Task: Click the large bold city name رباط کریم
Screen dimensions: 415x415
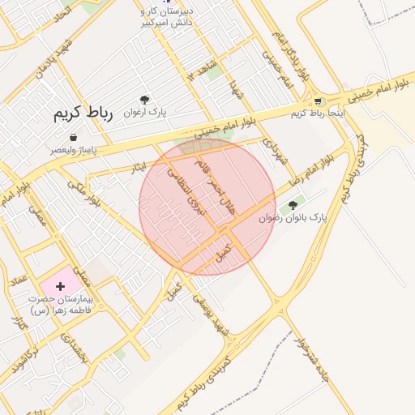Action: (x=81, y=113)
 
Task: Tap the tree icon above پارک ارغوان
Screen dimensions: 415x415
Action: (x=145, y=99)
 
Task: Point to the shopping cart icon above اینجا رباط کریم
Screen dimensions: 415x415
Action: (x=319, y=101)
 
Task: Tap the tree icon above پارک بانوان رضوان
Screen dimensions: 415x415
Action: (x=293, y=205)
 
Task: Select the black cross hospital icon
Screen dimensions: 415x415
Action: (x=60, y=286)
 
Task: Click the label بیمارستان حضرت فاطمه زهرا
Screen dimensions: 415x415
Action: (x=62, y=304)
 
